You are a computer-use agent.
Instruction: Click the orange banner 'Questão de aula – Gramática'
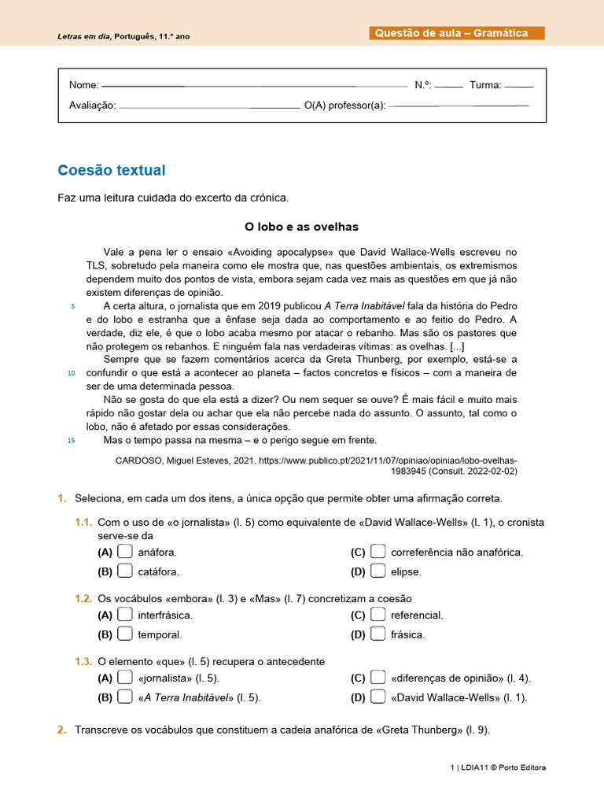point(456,33)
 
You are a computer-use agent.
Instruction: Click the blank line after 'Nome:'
point(255,85)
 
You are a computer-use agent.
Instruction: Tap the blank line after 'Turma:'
point(519,85)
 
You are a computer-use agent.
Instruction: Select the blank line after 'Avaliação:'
point(208,106)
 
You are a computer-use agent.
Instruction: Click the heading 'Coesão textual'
point(112,171)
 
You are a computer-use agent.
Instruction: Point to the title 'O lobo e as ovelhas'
point(301,227)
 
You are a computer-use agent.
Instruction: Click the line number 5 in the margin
point(72,305)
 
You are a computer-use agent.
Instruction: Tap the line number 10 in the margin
point(71,372)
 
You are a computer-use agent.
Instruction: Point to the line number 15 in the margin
point(71,440)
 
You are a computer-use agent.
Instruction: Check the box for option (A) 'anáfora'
point(125,552)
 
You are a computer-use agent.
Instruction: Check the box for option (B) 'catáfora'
point(125,571)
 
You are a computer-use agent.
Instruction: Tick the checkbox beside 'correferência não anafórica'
point(377,552)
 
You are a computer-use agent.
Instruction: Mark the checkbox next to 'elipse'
point(377,571)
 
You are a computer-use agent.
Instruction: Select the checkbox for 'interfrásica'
point(125,615)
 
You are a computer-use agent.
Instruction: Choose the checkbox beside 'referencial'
point(377,615)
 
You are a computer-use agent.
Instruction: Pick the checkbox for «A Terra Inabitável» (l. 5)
point(125,697)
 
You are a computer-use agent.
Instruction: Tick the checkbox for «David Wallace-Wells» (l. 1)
point(377,697)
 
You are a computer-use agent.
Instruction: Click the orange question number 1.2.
point(84,599)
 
